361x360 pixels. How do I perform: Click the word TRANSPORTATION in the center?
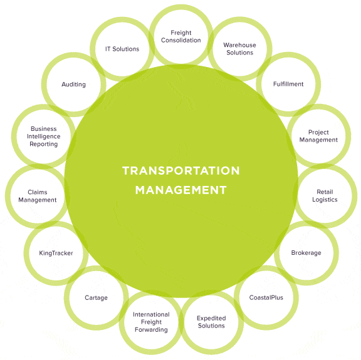pos(181,171)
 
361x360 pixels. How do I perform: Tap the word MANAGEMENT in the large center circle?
pos(181,190)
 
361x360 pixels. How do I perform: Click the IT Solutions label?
pos(122,49)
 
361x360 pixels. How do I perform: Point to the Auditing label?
pos(73,85)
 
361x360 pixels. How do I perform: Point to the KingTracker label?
pos(56,253)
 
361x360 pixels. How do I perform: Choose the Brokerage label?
pos(306,253)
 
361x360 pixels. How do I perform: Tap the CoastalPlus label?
pos(266,297)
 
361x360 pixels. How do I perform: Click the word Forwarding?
pos(151,330)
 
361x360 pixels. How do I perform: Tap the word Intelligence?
pos(43,136)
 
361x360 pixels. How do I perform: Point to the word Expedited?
pos(211,318)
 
